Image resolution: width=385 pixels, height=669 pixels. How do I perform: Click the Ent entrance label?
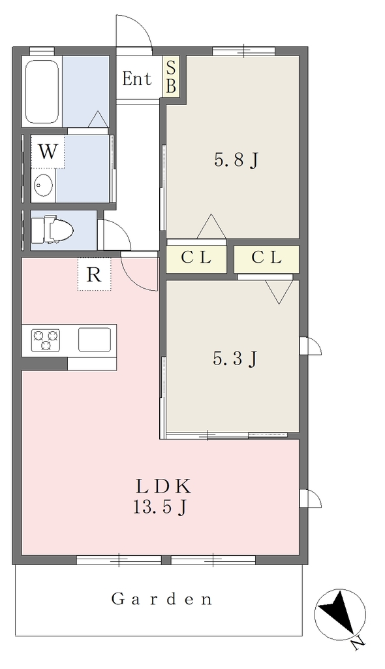point(136,78)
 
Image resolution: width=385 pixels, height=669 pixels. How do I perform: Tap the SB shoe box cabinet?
point(171,77)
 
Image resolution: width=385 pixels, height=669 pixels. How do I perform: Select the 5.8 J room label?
point(236,161)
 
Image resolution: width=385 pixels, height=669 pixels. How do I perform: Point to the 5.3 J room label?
point(235,359)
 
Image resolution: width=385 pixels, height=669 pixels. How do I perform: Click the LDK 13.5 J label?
point(161,497)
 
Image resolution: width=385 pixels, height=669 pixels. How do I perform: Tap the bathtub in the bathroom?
point(41,91)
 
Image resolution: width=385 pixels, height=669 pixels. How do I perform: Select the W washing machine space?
point(48,152)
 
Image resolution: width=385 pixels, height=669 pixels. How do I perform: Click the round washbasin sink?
point(44,186)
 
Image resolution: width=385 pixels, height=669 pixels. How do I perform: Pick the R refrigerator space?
point(94,274)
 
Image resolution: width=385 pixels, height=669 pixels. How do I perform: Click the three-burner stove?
point(46,340)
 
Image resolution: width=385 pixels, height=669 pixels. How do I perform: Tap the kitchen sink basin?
point(95,339)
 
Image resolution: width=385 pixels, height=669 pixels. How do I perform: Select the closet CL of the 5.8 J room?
point(196,259)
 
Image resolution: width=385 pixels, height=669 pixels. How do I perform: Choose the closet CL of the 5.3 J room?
point(266,259)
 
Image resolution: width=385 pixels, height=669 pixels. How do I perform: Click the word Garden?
point(162,599)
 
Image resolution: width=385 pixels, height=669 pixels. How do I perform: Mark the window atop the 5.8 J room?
point(244,52)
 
